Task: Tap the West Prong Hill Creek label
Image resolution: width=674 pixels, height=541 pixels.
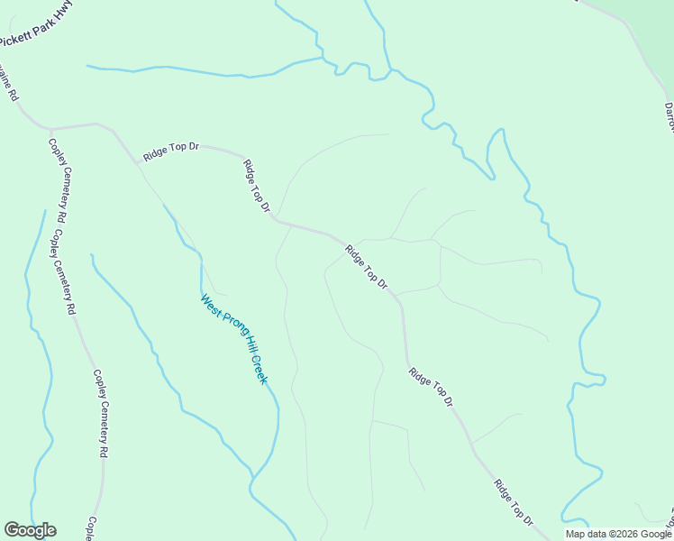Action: tap(234, 339)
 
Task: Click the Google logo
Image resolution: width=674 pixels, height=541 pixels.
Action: tap(30, 530)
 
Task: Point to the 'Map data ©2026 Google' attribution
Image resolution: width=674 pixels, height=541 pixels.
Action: tap(618, 534)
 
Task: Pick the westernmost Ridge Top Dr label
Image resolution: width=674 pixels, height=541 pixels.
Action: tap(170, 151)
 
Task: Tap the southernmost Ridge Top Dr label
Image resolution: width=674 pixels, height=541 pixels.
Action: tap(514, 503)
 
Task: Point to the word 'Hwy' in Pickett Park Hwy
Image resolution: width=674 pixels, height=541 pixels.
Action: tap(63, 14)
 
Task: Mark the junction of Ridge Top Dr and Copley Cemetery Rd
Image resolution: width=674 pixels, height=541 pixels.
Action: tap(51, 128)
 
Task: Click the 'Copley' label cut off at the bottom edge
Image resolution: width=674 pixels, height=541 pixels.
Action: tap(91, 528)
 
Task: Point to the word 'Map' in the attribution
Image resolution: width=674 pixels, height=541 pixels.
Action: tap(576, 534)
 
